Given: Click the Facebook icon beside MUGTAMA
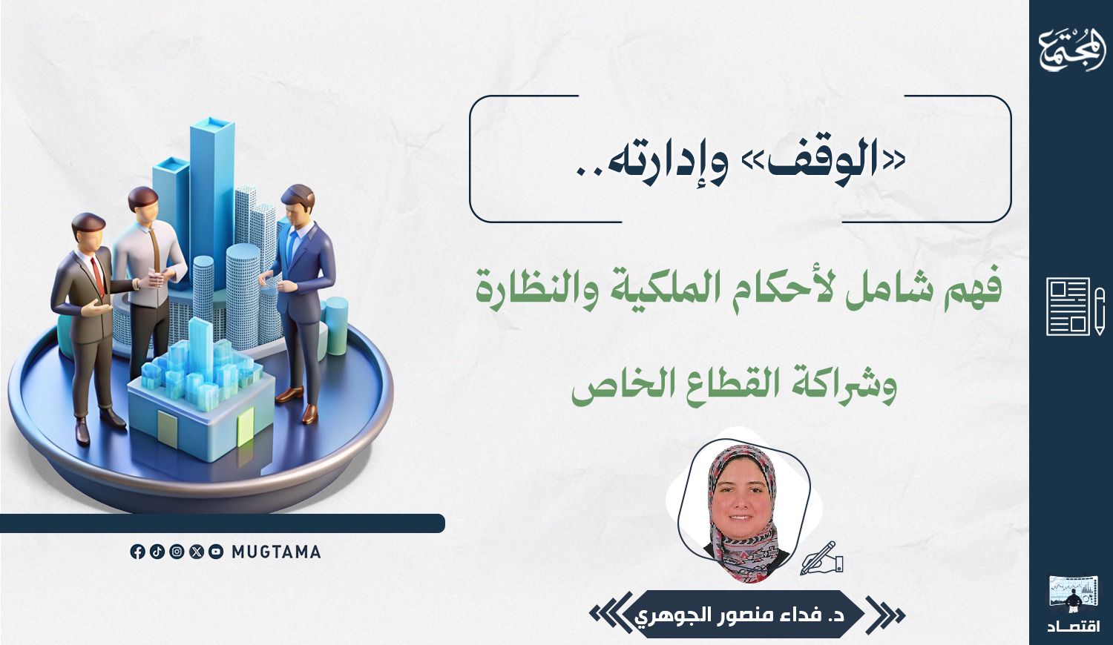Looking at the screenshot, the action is (137, 552).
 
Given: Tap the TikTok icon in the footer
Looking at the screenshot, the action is (157, 552).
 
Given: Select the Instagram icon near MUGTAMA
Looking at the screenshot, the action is (177, 552).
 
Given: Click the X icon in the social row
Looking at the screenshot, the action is (197, 552).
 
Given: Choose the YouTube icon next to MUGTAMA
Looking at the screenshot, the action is (216, 552).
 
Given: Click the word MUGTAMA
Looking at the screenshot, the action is (276, 552).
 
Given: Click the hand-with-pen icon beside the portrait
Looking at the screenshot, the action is (821, 558).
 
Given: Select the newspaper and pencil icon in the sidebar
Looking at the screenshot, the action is (1074, 306).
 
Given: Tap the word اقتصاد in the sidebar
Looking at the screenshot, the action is (1074, 626).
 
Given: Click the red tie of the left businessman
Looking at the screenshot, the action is (98, 276).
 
